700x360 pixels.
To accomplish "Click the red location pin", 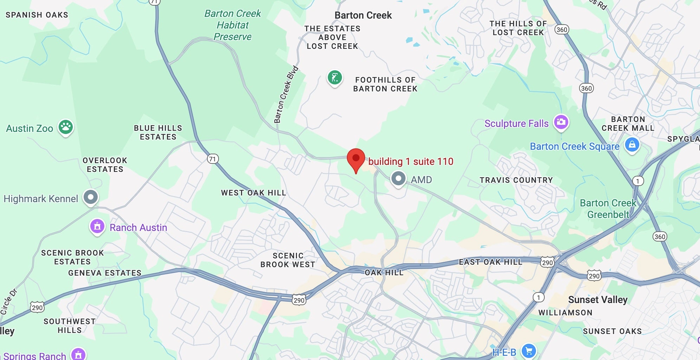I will point(356,159).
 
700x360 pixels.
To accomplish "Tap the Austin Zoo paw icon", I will point(66,127).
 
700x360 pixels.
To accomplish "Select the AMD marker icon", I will point(398,179).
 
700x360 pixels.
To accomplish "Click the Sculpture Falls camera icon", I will point(561,122).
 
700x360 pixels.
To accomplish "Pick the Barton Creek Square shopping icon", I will point(632,144).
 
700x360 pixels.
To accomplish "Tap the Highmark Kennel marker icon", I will point(91,197).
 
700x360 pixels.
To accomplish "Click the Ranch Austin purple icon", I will point(97,226).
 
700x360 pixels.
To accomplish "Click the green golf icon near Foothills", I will point(335,78).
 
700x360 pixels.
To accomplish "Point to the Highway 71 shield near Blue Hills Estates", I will point(212,159).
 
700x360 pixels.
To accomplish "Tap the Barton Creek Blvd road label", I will point(286,94).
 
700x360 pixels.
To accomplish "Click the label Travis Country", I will point(516,180).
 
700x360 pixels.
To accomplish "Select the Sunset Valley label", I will point(597,300).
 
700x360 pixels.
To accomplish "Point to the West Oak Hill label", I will point(253,193).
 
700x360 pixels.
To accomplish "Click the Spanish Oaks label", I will point(37,15).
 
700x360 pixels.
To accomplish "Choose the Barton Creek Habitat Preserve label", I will point(233,25).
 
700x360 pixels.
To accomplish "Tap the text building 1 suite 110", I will point(410,161).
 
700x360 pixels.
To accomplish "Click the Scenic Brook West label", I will point(288,260).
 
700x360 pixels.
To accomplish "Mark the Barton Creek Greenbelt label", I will point(608,208).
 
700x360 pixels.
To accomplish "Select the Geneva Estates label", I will point(105,273).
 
